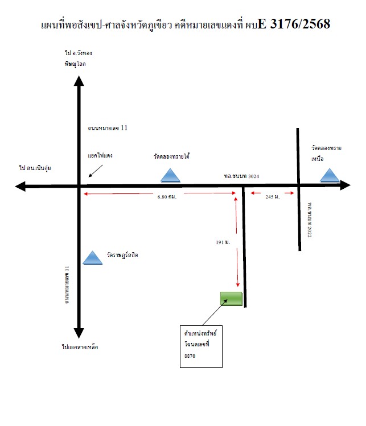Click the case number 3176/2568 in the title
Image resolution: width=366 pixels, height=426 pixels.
coord(300,24)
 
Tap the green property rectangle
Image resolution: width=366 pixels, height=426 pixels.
coord(231,299)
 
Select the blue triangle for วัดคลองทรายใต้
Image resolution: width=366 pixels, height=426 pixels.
coord(170,175)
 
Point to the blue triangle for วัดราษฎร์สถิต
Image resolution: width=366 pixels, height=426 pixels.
coord(92,258)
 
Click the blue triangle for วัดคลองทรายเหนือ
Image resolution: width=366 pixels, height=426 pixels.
coord(330,175)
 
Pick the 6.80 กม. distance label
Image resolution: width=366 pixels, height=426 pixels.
coord(167,197)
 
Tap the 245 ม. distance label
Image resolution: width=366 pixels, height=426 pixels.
coord(273,197)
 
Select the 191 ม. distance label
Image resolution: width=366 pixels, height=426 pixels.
coord(223,242)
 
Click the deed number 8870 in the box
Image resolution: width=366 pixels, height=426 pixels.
coord(190,356)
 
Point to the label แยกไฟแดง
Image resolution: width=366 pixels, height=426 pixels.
coord(100,156)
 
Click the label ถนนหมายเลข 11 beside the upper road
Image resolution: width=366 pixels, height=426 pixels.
coord(108,128)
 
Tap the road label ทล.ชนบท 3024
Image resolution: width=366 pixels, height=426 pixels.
coord(241,176)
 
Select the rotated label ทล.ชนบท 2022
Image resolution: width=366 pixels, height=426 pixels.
coord(310,220)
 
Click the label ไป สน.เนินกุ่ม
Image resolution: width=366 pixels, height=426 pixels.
coord(35,168)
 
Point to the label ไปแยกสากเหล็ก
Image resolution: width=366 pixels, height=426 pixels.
coord(80,347)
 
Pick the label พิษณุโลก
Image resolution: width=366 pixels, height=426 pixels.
coord(75,64)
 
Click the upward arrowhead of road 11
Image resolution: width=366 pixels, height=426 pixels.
coord(79,81)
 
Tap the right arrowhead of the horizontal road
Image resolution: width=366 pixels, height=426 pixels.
coord(345,185)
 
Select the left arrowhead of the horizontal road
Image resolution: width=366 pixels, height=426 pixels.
coord(20,187)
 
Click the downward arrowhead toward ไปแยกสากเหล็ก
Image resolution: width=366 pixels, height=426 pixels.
coord(79,333)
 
